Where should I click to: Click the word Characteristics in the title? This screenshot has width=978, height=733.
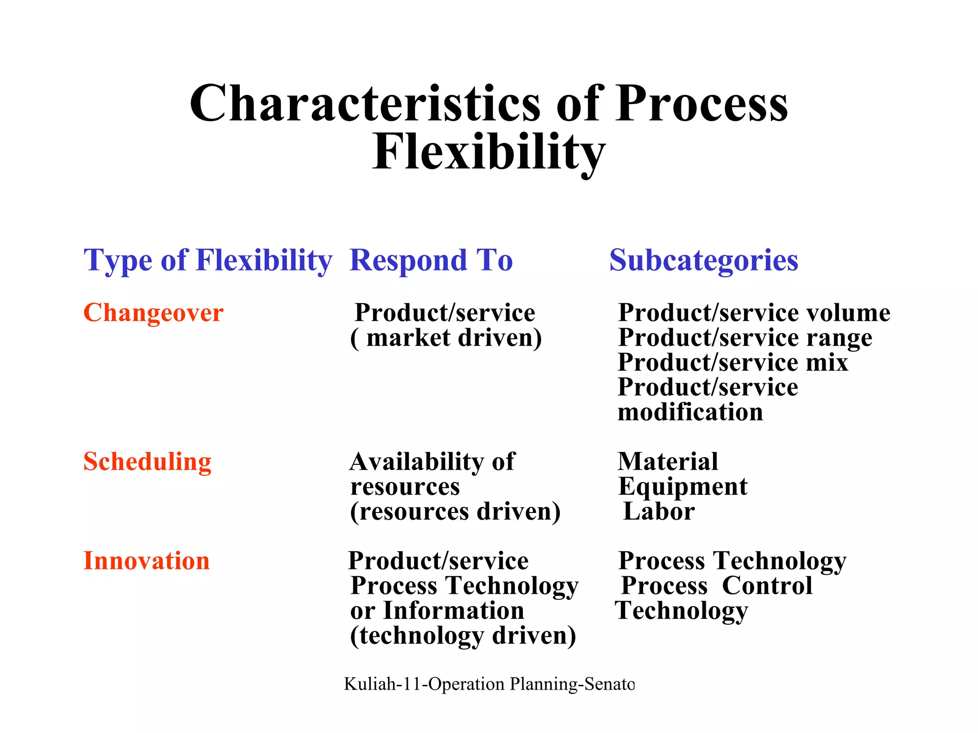coord(365,104)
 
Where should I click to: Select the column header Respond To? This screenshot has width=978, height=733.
coord(431,261)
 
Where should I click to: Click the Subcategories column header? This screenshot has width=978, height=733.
coord(703,261)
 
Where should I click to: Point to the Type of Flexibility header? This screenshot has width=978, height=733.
coord(208,261)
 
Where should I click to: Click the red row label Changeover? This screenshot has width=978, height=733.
coord(153,313)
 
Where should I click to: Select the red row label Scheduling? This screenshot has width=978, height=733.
coord(147,462)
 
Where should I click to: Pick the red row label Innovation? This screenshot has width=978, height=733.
coord(146,561)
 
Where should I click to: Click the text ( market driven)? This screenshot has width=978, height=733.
coord(446,338)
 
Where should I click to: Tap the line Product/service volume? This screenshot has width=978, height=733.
coord(754,313)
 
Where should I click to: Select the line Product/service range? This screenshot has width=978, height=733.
coord(745,338)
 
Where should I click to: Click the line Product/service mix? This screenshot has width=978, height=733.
coord(733,363)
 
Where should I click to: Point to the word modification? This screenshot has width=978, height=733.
coord(690,412)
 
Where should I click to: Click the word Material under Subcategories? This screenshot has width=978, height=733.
coord(668,462)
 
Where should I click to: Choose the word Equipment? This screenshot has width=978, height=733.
coord(682,487)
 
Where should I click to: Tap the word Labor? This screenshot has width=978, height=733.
coord(659,512)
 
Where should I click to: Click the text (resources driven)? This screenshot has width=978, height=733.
coord(455,512)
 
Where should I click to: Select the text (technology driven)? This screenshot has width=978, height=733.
coord(463,636)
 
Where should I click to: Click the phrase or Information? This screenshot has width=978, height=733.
coord(437,611)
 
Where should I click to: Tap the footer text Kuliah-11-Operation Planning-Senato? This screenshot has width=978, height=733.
coord(489,684)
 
